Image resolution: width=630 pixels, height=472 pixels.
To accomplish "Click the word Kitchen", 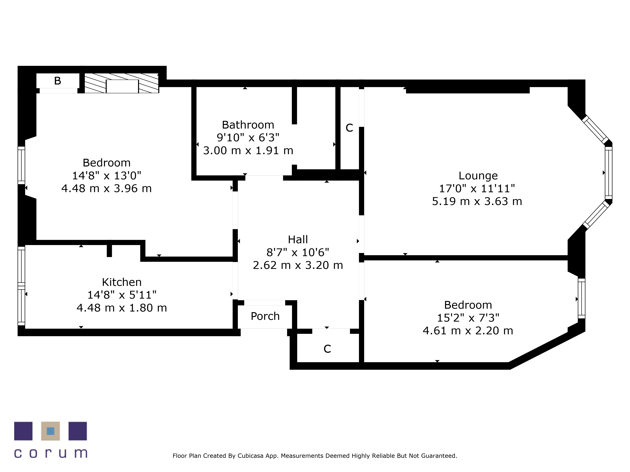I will (122, 282).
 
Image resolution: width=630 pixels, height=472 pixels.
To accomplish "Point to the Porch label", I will (265, 316).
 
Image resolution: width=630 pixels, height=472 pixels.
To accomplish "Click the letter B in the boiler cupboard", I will (57, 81).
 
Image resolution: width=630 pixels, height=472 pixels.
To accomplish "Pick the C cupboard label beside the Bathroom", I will (349, 128).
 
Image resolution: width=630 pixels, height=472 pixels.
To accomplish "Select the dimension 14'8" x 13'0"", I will (106, 176).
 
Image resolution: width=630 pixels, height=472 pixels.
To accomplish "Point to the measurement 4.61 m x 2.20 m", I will (468, 331).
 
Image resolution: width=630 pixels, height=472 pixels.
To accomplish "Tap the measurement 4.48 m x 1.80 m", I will (122, 308).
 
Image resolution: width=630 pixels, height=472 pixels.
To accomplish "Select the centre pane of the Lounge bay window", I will (608, 173).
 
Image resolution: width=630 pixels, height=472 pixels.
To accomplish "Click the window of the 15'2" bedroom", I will (581, 299).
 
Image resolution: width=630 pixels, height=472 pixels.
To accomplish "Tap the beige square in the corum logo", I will (50, 431).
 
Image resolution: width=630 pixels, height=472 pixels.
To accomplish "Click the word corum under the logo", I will (50, 453).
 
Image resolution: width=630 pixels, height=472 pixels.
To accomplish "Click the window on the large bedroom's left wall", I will (21, 165).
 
